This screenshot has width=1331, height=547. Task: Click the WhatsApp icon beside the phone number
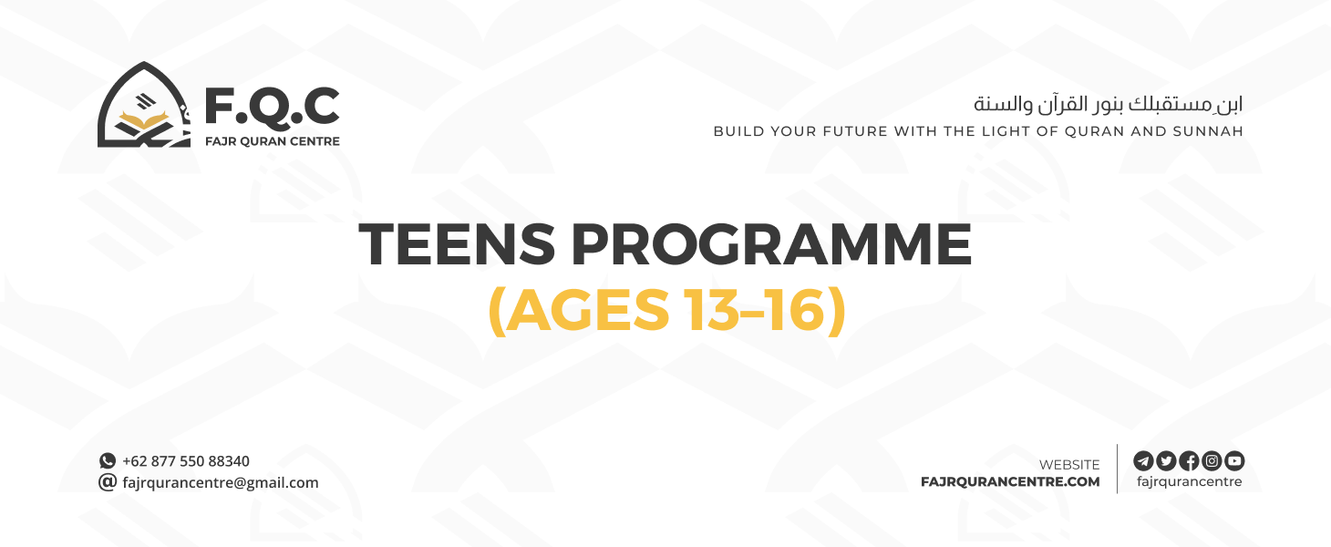[x=108, y=461]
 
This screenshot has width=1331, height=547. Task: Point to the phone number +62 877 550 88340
[x=186, y=461]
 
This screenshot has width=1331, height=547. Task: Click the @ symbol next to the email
[x=108, y=482]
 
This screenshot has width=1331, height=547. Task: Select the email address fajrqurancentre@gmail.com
[x=221, y=482]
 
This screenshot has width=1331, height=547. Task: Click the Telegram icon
[x=1143, y=460]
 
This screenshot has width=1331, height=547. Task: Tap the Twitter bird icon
[x=1166, y=460]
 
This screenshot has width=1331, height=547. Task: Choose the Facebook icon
[x=1189, y=460]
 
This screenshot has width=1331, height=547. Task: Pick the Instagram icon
[x=1212, y=460]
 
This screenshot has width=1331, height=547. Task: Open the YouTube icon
[x=1234, y=460]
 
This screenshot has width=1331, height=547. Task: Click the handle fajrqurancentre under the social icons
[x=1189, y=481]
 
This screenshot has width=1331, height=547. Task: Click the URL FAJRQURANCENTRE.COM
[x=1010, y=481]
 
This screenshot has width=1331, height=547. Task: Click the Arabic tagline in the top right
[x=1108, y=103]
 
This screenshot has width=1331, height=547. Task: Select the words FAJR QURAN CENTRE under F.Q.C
[x=272, y=141]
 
